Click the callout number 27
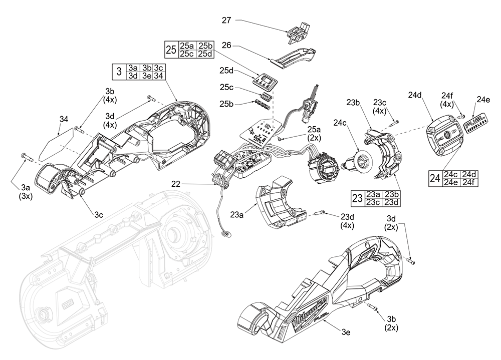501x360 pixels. coord(226,20)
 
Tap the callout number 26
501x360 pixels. coord(226,45)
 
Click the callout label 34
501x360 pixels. coord(64,119)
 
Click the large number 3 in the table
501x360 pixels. coord(119,71)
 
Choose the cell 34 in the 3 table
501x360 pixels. coord(158,76)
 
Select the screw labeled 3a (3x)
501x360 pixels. coord(27,157)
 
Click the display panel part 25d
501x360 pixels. coord(264,80)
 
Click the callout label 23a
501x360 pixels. coord(237,215)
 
